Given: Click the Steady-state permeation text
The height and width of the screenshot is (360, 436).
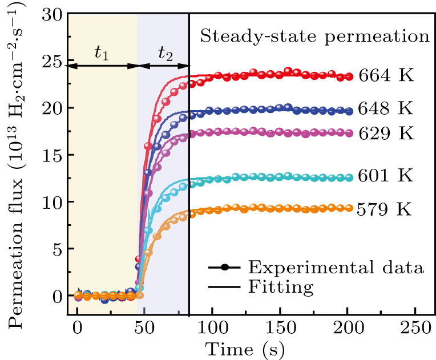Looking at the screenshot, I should (x=314, y=38).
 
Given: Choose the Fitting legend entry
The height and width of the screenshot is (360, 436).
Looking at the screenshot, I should (x=281, y=287).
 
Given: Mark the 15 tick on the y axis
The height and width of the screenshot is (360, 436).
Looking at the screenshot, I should (x=52, y=155).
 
